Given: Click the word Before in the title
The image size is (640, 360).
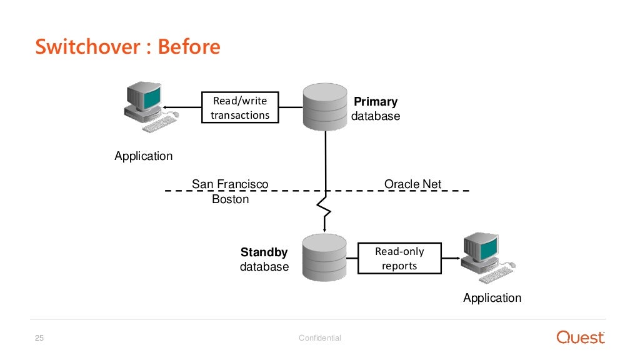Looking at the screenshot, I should coord(189,47).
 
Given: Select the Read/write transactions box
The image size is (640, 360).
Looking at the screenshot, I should coord(240,107).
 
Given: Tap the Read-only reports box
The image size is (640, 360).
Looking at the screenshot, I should coord(399,258).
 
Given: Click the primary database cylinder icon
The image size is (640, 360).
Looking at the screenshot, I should coord(324,107).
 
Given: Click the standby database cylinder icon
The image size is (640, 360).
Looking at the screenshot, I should coord(324,257).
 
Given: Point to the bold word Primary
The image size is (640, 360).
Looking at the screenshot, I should coord(375,102).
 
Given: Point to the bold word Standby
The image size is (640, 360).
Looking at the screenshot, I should coord(264,252).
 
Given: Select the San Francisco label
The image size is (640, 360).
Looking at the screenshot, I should coord(229,184).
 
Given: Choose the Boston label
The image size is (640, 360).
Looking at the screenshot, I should coord(230,199).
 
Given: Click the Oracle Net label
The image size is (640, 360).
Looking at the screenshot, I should coord(412,184).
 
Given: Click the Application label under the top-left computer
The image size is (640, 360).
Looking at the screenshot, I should coord(143,156).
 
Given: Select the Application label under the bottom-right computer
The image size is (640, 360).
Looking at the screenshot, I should coord(492,298).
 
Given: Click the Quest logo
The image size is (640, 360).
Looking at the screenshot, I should coord(581,337).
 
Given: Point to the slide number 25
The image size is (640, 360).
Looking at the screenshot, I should coord(39,338).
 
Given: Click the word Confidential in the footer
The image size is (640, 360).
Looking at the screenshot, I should coord(320,338).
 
